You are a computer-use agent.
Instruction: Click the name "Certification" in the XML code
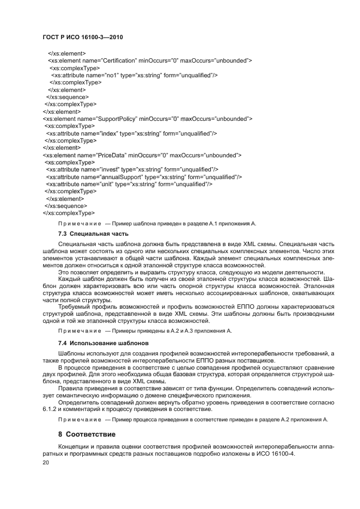pos(121,60)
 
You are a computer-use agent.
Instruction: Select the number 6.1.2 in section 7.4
pos(50,409)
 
